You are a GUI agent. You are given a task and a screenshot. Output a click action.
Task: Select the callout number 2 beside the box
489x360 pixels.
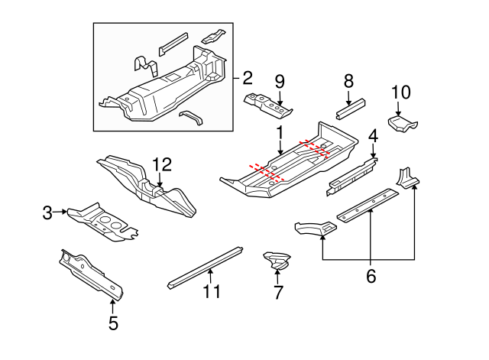247,77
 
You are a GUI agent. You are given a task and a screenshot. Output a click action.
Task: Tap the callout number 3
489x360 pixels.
48,212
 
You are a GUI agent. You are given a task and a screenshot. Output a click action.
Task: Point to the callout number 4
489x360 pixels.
373,136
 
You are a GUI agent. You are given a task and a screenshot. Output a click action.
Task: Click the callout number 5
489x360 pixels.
113,323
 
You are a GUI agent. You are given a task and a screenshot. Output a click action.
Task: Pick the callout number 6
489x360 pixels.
371,276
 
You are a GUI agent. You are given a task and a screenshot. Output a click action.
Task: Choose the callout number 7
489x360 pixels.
278,291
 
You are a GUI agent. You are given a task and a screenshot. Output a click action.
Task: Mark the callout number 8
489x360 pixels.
348,79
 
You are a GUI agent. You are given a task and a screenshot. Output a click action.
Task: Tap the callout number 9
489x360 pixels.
280,80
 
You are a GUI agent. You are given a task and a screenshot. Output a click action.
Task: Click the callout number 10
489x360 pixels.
401,92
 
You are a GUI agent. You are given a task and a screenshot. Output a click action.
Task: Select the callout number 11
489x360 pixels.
212,291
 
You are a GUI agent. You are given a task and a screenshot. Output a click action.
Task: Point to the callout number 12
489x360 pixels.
163,164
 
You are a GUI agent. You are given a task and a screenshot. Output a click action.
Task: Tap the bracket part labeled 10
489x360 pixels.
403,123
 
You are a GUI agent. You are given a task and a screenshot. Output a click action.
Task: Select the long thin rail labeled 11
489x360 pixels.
205,265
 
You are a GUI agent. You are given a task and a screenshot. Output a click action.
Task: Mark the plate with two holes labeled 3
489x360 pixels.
103,221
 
